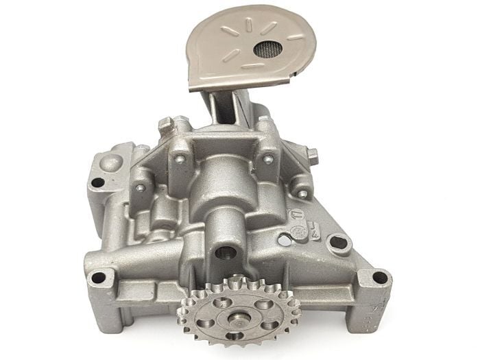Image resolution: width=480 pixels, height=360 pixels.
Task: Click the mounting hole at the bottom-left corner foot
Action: coord(98,278)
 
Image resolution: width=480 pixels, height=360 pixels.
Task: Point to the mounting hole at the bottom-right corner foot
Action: coord(378,278)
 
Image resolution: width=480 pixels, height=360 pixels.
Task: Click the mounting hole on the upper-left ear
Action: coord(99,182)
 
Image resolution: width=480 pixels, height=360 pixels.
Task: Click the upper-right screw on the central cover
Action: coord(267,159)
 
